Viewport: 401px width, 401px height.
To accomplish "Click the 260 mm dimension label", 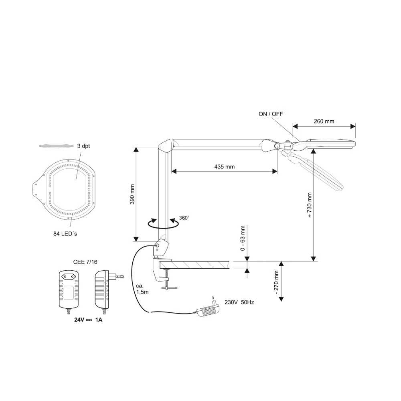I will click(324, 121).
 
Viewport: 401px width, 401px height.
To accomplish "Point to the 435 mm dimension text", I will click(224, 166).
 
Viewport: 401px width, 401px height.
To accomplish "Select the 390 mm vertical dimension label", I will click(132, 194).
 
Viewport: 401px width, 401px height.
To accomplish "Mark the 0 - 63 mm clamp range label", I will click(243, 239).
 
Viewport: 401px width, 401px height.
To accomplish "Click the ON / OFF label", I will click(271, 114).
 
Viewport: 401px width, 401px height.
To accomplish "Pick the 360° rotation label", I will click(184, 218).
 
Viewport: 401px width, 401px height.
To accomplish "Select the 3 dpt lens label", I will click(83, 146).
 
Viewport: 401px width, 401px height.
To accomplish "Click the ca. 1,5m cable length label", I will click(142, 289).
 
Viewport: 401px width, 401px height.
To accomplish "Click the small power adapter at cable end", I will click(208, 309).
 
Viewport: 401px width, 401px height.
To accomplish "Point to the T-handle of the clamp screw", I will click(168, 288).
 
